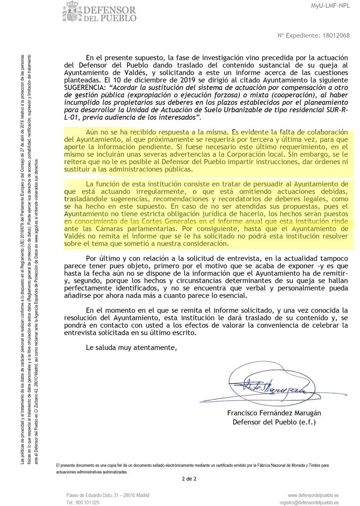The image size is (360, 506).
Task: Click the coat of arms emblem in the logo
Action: coord(72,11)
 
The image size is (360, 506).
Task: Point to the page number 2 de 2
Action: coord(189,479)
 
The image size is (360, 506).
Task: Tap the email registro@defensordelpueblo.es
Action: coord(309,502)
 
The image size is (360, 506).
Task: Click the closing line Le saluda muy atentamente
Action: coord(130,334)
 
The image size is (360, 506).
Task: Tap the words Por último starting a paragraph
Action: coord(103,258)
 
